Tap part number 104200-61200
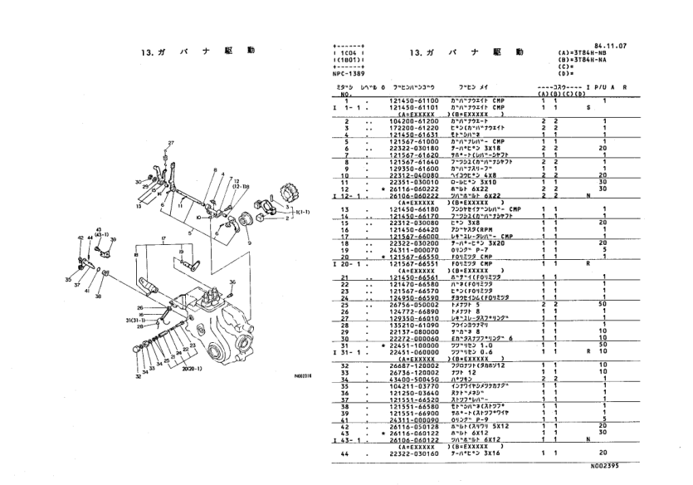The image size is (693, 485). (x=417, y=120)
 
